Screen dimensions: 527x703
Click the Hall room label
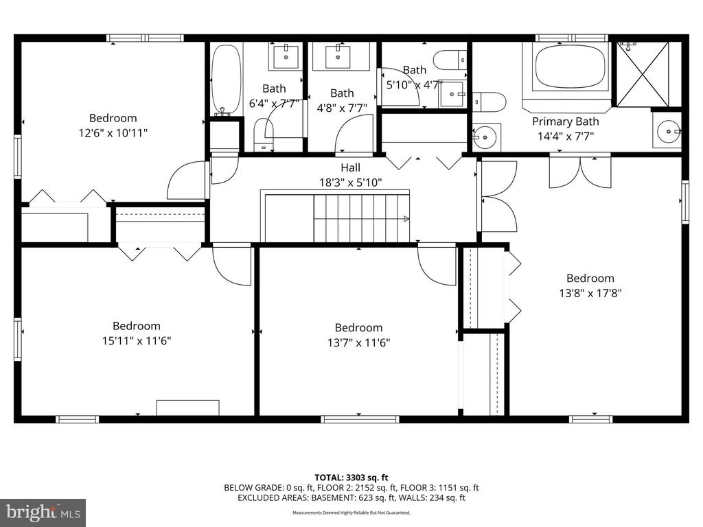pos(350,167)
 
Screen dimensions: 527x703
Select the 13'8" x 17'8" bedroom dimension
pos(590,292)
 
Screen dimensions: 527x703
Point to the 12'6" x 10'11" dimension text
pos(113,132)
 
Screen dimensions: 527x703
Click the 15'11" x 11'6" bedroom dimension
pos(136,340)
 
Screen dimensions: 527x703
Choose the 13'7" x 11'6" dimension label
pos(358,342)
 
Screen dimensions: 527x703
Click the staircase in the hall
pos(361,218)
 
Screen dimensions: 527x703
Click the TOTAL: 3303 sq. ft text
pos(351,477)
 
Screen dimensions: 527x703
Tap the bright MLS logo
pos(43,512)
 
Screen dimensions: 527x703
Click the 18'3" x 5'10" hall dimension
pos(350,183)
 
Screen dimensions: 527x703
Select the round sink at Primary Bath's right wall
pos(668,130)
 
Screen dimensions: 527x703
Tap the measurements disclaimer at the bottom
pos(351,513)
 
